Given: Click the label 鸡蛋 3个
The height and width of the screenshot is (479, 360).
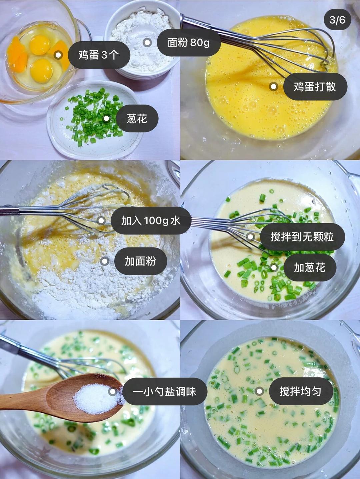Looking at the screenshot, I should click(99, 55).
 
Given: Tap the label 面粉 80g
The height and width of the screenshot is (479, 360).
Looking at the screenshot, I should click(188, 42).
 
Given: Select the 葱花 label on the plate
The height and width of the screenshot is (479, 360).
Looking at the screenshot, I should click(137, 118).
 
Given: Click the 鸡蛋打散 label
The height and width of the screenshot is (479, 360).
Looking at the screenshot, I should click(315, 87).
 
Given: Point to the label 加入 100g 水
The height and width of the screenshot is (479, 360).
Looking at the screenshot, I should click(151, 221).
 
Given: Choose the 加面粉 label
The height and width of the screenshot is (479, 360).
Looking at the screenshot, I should click(140, 261).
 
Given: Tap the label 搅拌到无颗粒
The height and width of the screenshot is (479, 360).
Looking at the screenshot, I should click(302, 237).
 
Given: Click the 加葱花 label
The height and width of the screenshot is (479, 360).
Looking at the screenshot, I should click(309, 267).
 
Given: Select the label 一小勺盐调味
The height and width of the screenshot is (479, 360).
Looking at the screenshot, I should click(165, 391).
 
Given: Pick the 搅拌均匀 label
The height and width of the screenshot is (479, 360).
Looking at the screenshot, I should click(300, 391).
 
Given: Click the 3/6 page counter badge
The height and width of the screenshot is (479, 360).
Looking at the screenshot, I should click(337, 20).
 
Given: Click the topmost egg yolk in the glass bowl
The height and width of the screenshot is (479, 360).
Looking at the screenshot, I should click(40, 44).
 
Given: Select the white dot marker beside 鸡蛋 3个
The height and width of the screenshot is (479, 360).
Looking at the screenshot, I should click(58, 55).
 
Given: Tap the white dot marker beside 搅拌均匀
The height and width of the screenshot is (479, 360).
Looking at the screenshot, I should click(259, 391).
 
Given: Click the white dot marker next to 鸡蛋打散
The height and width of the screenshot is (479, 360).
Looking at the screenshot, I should click(273, 87).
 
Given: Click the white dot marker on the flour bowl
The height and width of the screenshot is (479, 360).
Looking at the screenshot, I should click(147, 42).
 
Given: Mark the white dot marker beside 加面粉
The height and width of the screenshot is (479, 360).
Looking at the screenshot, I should click(105, 261).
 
